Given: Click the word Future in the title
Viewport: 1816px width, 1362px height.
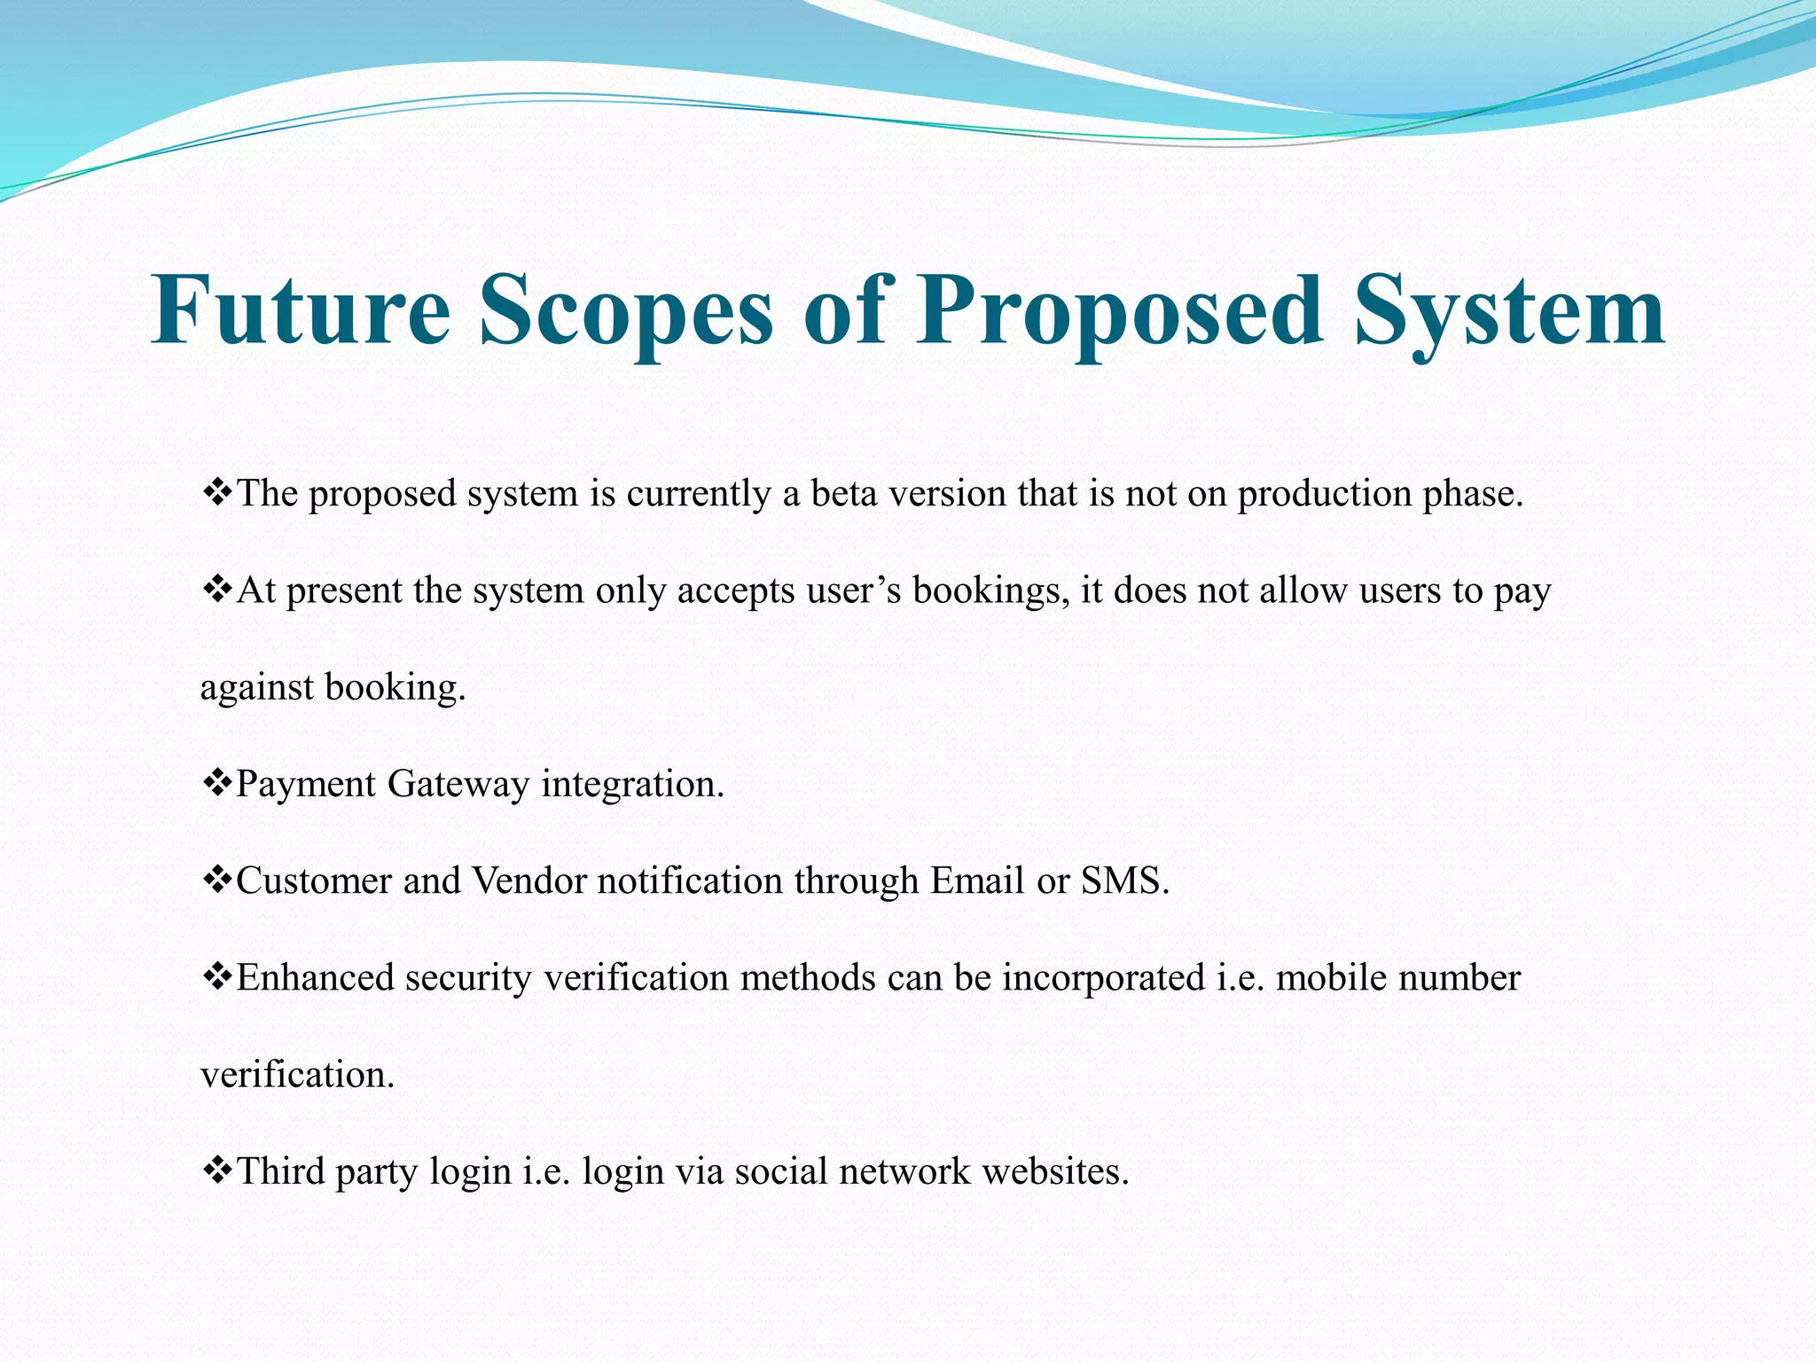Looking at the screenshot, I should tap(301, 310).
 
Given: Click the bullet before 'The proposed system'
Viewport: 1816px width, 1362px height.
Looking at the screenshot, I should tap(216, 491).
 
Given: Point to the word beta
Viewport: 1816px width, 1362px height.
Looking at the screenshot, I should tap(843, 494).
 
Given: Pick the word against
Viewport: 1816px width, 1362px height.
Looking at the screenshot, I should tap(257, 689).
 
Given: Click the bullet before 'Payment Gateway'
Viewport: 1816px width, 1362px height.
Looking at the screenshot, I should tap(216, 782).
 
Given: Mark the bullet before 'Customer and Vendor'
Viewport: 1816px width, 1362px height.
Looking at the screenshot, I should tap(216, 879).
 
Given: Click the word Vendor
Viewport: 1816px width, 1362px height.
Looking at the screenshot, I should tap(528, 881).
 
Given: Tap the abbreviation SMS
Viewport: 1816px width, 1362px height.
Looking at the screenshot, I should tap(1124, 881).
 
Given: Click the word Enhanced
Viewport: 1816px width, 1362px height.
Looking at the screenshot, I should tap(315, 978).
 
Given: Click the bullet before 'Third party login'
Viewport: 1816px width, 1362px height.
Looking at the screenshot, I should tap(216, 1170).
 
